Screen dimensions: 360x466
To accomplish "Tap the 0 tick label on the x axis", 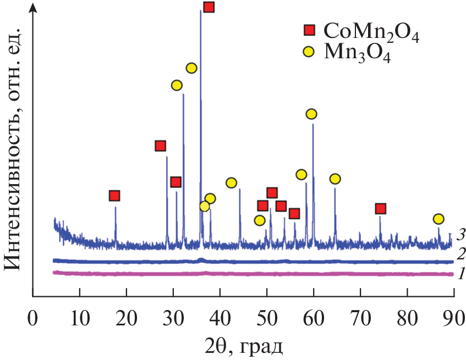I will click(33, 318).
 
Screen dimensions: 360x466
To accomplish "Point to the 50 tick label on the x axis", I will click(267, 318).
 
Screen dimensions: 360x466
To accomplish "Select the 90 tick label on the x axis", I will click(453, 318).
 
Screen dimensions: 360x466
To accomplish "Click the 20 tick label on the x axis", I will click(127, 318).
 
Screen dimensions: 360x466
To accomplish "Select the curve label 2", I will click(461, 254).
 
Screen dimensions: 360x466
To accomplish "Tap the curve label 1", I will click(461, 273).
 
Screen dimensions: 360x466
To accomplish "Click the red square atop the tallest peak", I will click(209, 7).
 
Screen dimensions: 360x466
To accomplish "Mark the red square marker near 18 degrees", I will click(114, 196).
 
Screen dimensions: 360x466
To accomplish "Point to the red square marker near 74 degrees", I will click(380, 208).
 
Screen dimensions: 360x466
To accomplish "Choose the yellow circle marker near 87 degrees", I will click(438, 219).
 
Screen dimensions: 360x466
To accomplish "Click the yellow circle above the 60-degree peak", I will click(311, 114).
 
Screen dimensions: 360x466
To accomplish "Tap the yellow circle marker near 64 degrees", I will click(335, 179).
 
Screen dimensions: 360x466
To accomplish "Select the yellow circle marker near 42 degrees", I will click(231, 182).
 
